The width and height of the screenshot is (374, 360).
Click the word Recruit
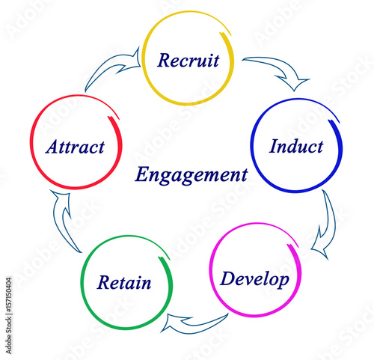click(188, 60)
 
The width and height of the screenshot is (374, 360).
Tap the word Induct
click(296, 146)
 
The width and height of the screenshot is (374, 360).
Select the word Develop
click(254, 279)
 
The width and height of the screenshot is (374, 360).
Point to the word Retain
click(124, 282)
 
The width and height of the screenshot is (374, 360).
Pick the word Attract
click(75, 147)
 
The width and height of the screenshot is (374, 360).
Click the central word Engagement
click(191, 175)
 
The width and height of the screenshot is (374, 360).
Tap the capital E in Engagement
click(142, 174)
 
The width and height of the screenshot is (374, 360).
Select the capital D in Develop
click(228, 278)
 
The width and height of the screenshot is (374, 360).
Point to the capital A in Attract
click(53, 147)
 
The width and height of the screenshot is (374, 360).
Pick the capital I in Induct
click(274, 146)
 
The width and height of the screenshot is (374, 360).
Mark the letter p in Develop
click(283, 281)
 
